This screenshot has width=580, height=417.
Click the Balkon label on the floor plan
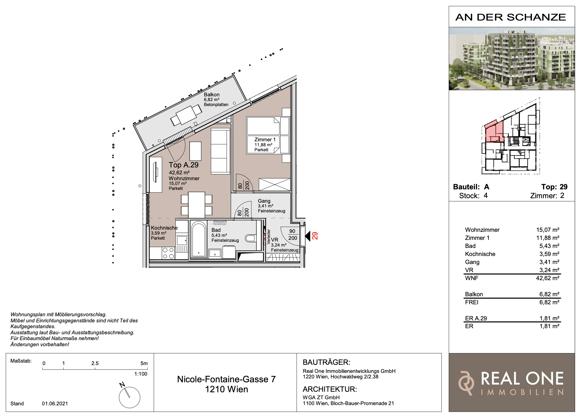[212, 95]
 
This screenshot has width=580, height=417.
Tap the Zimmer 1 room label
[265, 140]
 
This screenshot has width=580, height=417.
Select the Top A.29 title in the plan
[184, 165]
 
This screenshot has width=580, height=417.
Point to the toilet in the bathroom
[251, 238]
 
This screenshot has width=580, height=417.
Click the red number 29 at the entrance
[315, 236]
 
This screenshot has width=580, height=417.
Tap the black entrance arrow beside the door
[308, 236]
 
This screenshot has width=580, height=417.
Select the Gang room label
[264, 201]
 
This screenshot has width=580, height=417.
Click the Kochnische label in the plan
[164, 228]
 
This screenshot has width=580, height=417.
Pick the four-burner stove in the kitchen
[168, 253]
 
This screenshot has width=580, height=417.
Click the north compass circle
[130, 397]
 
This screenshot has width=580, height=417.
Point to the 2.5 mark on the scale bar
[95, 363]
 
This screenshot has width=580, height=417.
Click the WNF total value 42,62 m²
[547, 278]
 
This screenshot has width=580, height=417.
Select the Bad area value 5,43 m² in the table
[549, 246]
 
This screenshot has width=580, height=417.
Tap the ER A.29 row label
[476, 318]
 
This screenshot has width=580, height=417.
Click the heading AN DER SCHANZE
[511, 17]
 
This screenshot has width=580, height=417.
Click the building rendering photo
[512, 59]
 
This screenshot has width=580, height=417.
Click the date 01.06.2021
[55, 403]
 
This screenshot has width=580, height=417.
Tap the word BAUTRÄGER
[326, 362]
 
